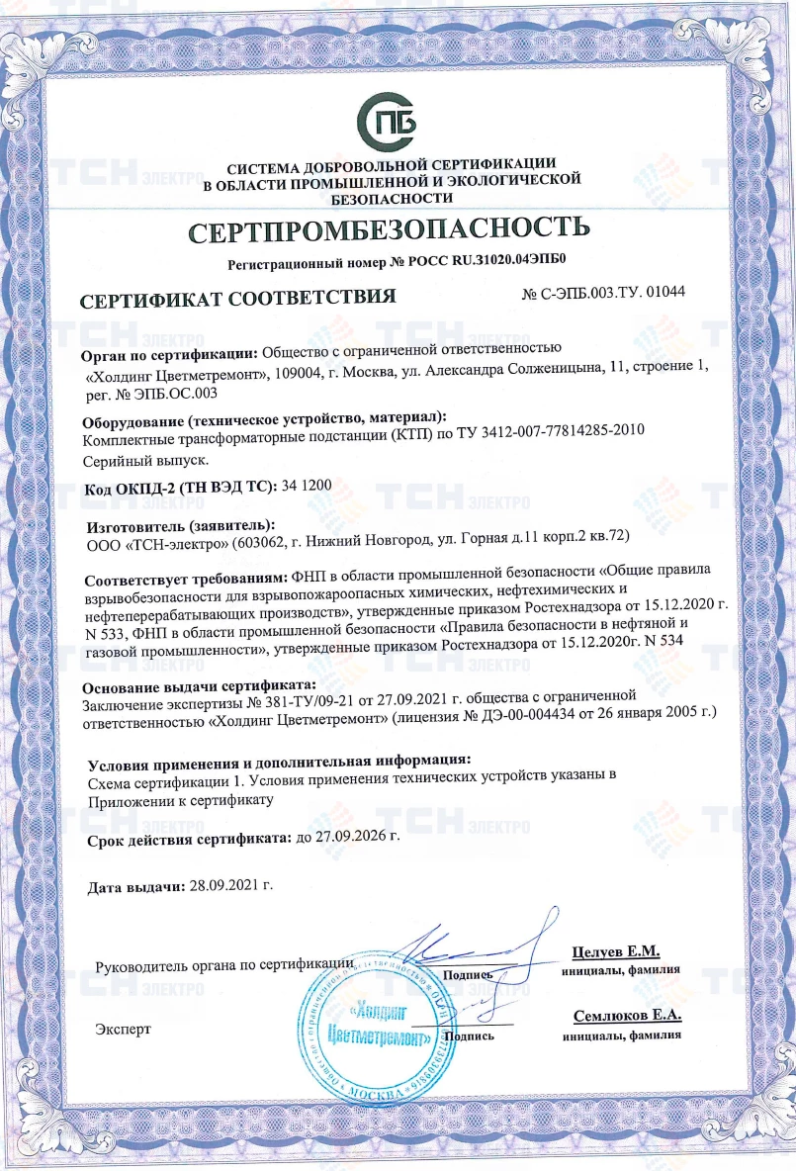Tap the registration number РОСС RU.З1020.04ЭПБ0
(x=479, y=264)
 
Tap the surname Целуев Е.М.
(x=615, y=951)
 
